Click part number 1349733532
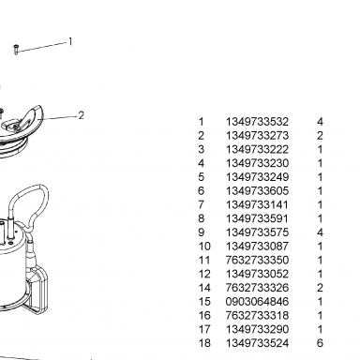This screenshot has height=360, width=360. [x=257, y=122]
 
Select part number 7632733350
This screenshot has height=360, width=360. [x=257, y=260]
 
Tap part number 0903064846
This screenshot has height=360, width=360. [x=257, y=302]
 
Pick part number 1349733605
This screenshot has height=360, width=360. [x=257, y=190]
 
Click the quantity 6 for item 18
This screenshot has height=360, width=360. [x=320, y=343]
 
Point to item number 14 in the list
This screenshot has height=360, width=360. [x=204, y=288]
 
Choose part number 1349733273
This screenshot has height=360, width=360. [x=257, y=135]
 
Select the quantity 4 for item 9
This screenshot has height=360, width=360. [x=320, y=232]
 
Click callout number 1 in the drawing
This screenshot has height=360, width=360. [x=70, y=41]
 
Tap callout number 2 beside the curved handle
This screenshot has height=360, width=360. [x=82, y=115]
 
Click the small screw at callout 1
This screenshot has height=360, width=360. [x=16, y=50]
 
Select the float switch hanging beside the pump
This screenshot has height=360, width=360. [x=37, y=281]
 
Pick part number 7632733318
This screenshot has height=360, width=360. [x=257, y=315]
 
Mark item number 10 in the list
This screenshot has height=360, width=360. [x=204, y=247]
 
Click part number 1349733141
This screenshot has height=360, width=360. [x=257, y=204]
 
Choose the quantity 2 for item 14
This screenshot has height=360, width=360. [x=320, y=288]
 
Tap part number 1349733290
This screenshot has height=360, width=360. [x=257, y=329]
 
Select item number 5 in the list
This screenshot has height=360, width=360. [x=202, y=177]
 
